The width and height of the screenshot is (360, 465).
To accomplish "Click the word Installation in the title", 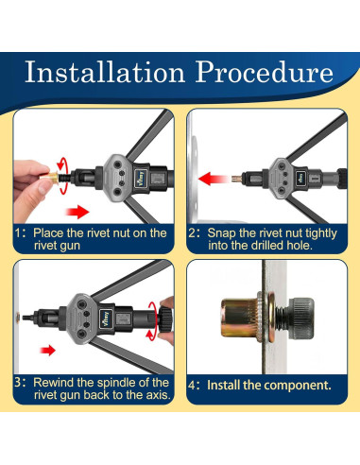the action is (x=105, y=72).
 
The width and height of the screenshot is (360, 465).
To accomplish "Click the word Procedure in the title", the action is (x=265, y=72).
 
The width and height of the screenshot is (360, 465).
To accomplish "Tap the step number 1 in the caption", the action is (x=18, y=233).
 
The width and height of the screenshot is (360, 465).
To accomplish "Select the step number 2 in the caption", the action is (x=192, y=233).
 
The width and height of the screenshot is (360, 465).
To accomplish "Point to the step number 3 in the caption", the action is (x=18, y=383).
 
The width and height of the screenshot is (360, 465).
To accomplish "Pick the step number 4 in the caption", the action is (x=192, y=386).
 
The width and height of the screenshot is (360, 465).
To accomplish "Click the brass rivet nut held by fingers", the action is (x=49, y=178).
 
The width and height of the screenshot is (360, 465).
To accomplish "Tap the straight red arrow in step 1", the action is (x=77, y=212).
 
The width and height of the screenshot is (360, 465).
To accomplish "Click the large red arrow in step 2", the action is (x=214, y=179).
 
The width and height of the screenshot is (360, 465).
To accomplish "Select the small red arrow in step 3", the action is (x=47, y=350).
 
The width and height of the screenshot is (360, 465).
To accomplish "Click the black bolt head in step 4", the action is (x=300, y=318).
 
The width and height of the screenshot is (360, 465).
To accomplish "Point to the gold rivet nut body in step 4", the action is (x=239, y=318).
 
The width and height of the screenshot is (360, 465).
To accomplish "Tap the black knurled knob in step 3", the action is (x=165, y=319).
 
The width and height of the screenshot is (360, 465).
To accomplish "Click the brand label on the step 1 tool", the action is (x=141, y=179).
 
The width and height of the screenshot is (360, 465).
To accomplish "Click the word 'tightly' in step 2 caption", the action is (x=321, y=233).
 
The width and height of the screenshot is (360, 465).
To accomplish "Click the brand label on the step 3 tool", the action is (x=106, y=319).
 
